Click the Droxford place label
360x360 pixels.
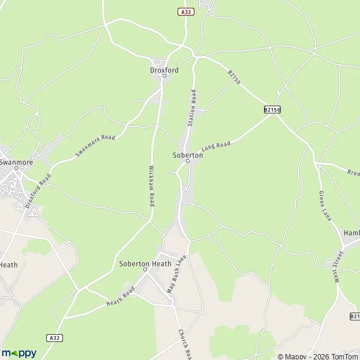click(164, 70)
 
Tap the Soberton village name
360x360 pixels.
click(187, 155)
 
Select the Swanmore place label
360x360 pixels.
click(16, 163)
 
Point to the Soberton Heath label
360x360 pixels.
click(145, 263)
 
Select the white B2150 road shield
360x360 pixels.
click(272, 110)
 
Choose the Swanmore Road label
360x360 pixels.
click(95, 146)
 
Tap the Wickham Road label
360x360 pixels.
click(152, 186)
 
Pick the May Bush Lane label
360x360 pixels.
click(177, 273)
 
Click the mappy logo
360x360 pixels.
click(19, 353)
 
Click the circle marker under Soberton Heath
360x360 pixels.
click(145, 270)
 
